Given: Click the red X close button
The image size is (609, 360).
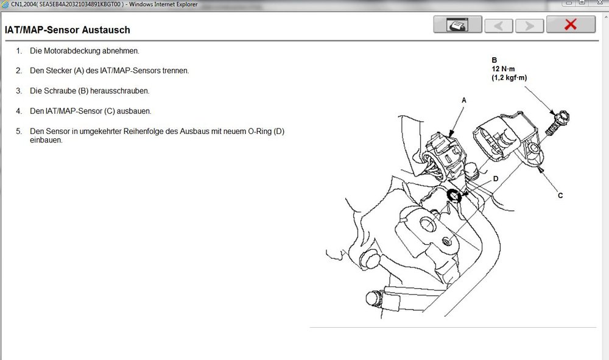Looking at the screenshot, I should pyautogui.click(x=571, y=25).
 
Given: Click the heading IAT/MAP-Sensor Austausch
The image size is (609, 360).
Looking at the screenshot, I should pyautogui.click(x=67, y=30).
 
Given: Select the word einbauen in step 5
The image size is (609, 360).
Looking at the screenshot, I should pyautogui.click(x=46, y=140).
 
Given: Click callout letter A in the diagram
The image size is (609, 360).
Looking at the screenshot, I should pyautogui.click(x=464, y=100).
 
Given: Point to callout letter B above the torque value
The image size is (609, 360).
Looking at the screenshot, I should pyautogui.click(x=495, y=60).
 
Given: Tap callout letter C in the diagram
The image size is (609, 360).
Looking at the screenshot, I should pyautogui.click(x=560, y=196).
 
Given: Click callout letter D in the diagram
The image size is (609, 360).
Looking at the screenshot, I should pyautogui.click(x=496, y=179).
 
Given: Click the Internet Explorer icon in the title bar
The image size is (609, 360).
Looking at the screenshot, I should pyautogui.click(x=5, y=4).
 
